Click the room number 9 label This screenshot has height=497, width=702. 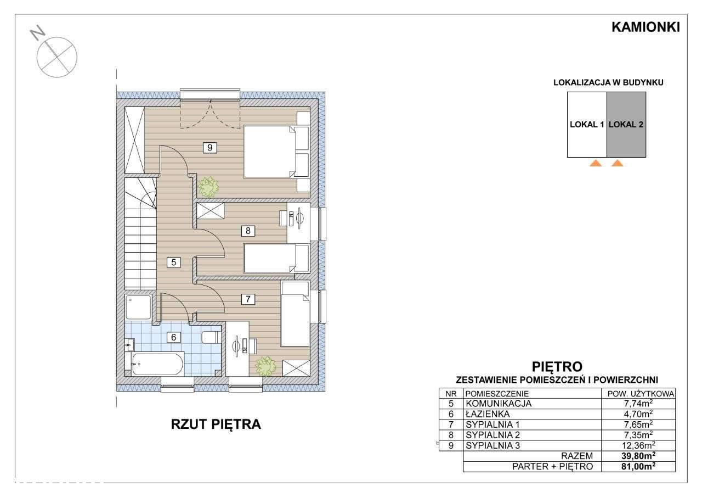pos(210,147)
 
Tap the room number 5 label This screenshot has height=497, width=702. pos(174,262)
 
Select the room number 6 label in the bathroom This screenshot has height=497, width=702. pos(173,337)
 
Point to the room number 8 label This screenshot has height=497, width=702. pos(248,231)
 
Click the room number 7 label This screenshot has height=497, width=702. pos(248,299)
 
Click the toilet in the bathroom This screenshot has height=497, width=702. pos(211,337)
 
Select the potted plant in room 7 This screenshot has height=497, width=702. pos(266,366)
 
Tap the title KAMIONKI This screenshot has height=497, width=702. pos(646,27)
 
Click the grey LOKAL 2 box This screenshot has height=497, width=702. pos(626,125)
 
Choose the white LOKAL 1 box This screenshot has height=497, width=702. pos(587,125)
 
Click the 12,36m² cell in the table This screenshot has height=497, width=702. pos(638,445)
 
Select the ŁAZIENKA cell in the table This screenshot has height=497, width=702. pos(488,414)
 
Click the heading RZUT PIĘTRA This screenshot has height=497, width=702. pos(216,424)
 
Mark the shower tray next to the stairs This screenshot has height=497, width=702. pos(139,308)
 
